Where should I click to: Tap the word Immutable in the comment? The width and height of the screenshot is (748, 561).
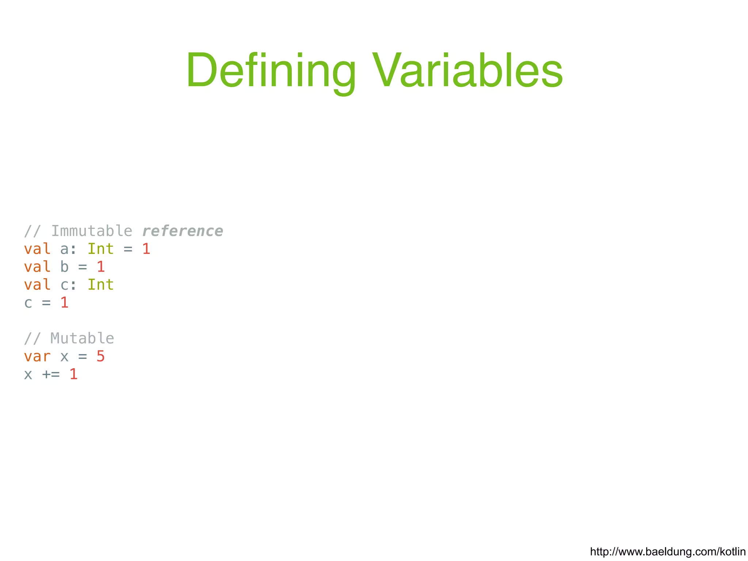92,231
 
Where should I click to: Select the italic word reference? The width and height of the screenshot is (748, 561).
182,231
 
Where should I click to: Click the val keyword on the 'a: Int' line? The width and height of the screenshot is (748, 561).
37,249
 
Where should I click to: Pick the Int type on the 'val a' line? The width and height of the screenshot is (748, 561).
100,249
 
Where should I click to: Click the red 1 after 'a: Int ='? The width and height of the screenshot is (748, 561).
146,249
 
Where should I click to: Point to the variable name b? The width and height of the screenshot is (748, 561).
64,267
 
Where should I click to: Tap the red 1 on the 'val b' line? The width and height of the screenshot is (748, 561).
101,267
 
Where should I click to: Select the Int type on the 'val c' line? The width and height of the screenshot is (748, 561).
100,285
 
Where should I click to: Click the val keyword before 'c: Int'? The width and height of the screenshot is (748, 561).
37,285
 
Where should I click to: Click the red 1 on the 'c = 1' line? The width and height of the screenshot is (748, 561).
64,303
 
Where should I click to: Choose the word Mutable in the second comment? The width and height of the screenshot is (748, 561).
82,338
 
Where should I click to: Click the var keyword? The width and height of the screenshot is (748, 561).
37,356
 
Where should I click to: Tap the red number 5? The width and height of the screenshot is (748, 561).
100,356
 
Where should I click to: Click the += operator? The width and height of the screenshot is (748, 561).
51,374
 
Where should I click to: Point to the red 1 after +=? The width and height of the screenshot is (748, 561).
73,374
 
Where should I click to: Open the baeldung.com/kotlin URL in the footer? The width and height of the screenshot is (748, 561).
668,552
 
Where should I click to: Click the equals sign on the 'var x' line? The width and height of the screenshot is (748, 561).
83,357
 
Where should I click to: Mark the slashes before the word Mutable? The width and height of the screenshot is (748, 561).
32,338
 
